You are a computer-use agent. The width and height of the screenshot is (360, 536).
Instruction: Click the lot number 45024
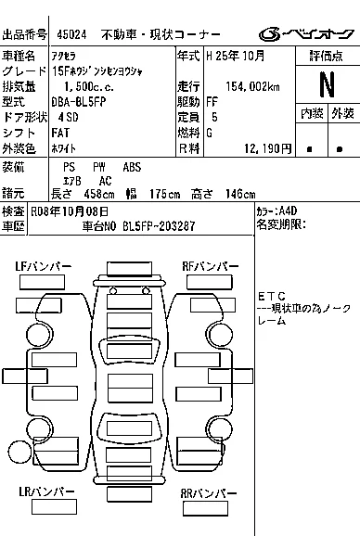(x=71, y=34)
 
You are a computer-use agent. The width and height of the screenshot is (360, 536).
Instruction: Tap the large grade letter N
(x=327, y=84)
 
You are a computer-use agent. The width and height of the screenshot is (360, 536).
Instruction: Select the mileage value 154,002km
(x=252, y=86)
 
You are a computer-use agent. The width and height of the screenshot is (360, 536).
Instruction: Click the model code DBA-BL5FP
(x=79, y=101)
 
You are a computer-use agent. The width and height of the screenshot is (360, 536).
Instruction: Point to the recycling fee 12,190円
(x=268, y=148)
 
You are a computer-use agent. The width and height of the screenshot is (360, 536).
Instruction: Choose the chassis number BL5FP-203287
(x=159, y=226)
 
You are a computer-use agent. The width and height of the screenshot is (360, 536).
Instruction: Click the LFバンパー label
(x=44, y=266)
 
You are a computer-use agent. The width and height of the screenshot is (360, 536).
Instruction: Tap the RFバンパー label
(x=211, y=266)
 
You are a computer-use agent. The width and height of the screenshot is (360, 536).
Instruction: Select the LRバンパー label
(x=46, y=491)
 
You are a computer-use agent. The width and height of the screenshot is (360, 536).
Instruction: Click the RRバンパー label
(x=209, y=493)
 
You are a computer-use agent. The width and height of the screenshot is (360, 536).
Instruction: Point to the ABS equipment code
(x=132, y=167)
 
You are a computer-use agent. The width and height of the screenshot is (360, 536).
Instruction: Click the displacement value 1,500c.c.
(x=89, y=87)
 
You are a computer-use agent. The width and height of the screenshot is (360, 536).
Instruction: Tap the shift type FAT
(x=60, y=133)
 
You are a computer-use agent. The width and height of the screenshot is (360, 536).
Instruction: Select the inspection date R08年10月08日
(x=70, y=211)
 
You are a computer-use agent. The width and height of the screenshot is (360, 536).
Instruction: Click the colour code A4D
(x=288, y=211)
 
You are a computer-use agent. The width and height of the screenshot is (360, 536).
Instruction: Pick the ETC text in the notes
(x=272, y=296)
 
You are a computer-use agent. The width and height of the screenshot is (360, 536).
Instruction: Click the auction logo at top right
(x=306, y=34)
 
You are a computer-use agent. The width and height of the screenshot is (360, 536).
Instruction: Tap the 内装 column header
(x=312, y=113)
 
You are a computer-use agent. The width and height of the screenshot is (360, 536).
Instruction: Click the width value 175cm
(x=165, y=194)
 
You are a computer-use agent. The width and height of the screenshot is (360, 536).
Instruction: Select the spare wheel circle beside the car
(x=19, y=452)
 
